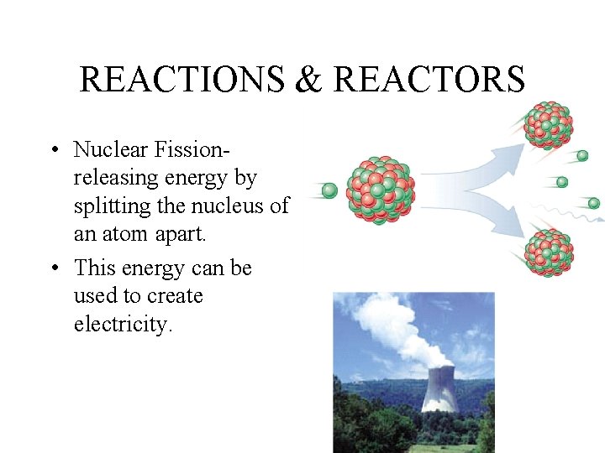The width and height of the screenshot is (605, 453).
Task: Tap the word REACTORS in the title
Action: [429, 81]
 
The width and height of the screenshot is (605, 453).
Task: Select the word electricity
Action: [123, 325]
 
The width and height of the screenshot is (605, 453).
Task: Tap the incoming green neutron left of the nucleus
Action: [329, 190]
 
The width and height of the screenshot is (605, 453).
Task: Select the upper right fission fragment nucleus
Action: [549, 125]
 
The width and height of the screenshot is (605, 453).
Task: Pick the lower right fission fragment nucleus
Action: [549, 252]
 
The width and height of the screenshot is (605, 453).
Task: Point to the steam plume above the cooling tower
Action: [395, 327]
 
